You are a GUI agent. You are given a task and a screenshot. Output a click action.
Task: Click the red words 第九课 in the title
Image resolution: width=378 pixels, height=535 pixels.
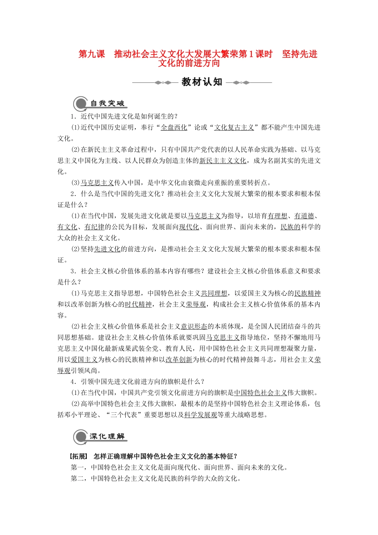[x=92, y=54]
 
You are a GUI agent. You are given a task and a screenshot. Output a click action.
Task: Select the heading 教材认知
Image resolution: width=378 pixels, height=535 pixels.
[x=202, y=82]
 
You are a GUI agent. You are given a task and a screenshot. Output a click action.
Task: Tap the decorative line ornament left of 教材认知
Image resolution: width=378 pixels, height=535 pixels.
[x=155, y=83]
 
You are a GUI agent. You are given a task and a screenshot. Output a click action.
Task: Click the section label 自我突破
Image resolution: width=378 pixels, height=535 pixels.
[x=107, y=103]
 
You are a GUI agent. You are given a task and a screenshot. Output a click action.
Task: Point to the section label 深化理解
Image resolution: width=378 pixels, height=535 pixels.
[x=107, y=437]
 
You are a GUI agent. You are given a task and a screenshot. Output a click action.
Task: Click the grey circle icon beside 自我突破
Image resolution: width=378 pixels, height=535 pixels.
[x=81, y=104]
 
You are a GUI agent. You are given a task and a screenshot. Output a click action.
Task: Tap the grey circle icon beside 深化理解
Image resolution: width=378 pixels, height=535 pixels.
[x=81, y=437]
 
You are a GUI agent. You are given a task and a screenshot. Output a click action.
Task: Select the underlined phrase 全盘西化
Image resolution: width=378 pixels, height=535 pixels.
[x=174, y=127]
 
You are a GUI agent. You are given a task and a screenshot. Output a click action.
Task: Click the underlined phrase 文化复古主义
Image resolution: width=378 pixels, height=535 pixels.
[x=234, y=127]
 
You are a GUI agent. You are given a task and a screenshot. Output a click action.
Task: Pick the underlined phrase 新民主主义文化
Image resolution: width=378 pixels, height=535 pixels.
[x=223, y=161]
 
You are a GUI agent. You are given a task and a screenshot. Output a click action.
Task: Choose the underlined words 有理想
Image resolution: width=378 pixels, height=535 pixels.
[x=277, y=216]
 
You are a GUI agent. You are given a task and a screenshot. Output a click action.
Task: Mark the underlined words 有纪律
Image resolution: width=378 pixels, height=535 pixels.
[x=94, y=227]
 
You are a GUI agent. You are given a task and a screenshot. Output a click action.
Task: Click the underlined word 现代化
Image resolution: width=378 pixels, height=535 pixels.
[x=189, y=227]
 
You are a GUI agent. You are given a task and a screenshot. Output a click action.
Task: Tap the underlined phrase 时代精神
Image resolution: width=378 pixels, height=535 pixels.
[x=138, y=305]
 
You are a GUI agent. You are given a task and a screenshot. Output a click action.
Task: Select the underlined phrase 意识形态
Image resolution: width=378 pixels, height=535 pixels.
[x=194, y=326]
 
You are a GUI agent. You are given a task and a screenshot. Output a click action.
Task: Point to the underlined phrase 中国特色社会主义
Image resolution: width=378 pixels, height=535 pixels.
[x=261, y=393]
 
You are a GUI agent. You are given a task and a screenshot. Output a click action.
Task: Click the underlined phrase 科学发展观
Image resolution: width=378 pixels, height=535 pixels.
[x=201, y=415]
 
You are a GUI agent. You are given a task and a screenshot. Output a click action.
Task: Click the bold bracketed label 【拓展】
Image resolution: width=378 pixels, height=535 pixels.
[x=78, y=456]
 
